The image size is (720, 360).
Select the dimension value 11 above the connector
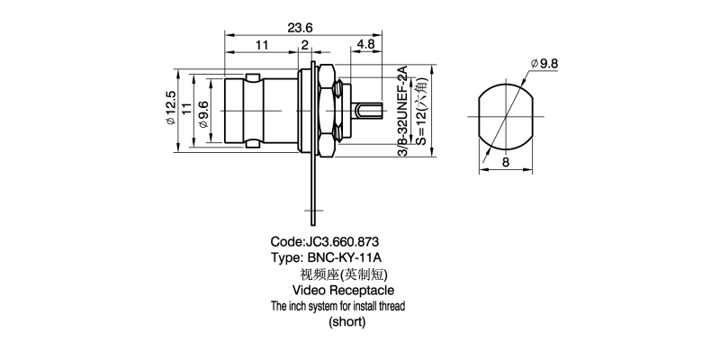[x=262, y=44]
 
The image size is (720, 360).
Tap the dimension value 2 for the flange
[x=305, y=44]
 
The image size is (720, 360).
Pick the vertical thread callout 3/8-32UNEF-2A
[x=403, y=112]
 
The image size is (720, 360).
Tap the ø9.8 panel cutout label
[x=545, y=64]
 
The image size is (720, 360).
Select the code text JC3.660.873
[x=324, y=241]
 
